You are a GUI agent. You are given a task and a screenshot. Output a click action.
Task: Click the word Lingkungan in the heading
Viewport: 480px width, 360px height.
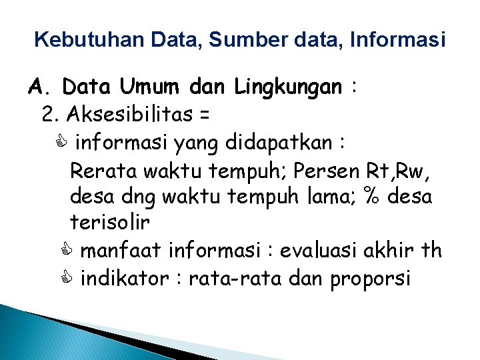click(288, 87)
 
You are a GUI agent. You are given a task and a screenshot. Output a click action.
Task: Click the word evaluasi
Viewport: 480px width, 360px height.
click(322, 251)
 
